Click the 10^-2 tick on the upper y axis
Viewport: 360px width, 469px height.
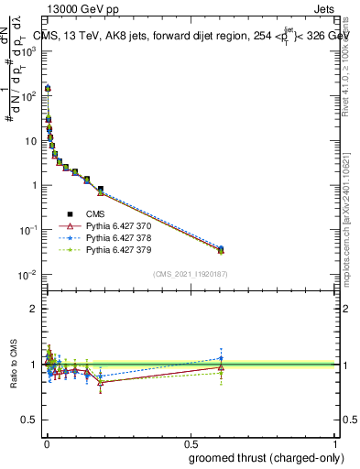coord(28,275)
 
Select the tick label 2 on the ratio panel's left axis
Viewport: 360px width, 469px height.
coord(34,309)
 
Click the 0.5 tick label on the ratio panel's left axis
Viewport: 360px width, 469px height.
coord(30,421)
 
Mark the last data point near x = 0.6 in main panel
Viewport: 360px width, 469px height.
coord(221,249)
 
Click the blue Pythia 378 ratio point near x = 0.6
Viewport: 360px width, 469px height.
coord(221,358)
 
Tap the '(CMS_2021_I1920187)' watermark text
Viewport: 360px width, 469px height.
coord(189,274)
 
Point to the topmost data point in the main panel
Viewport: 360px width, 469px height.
coord(48,89)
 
